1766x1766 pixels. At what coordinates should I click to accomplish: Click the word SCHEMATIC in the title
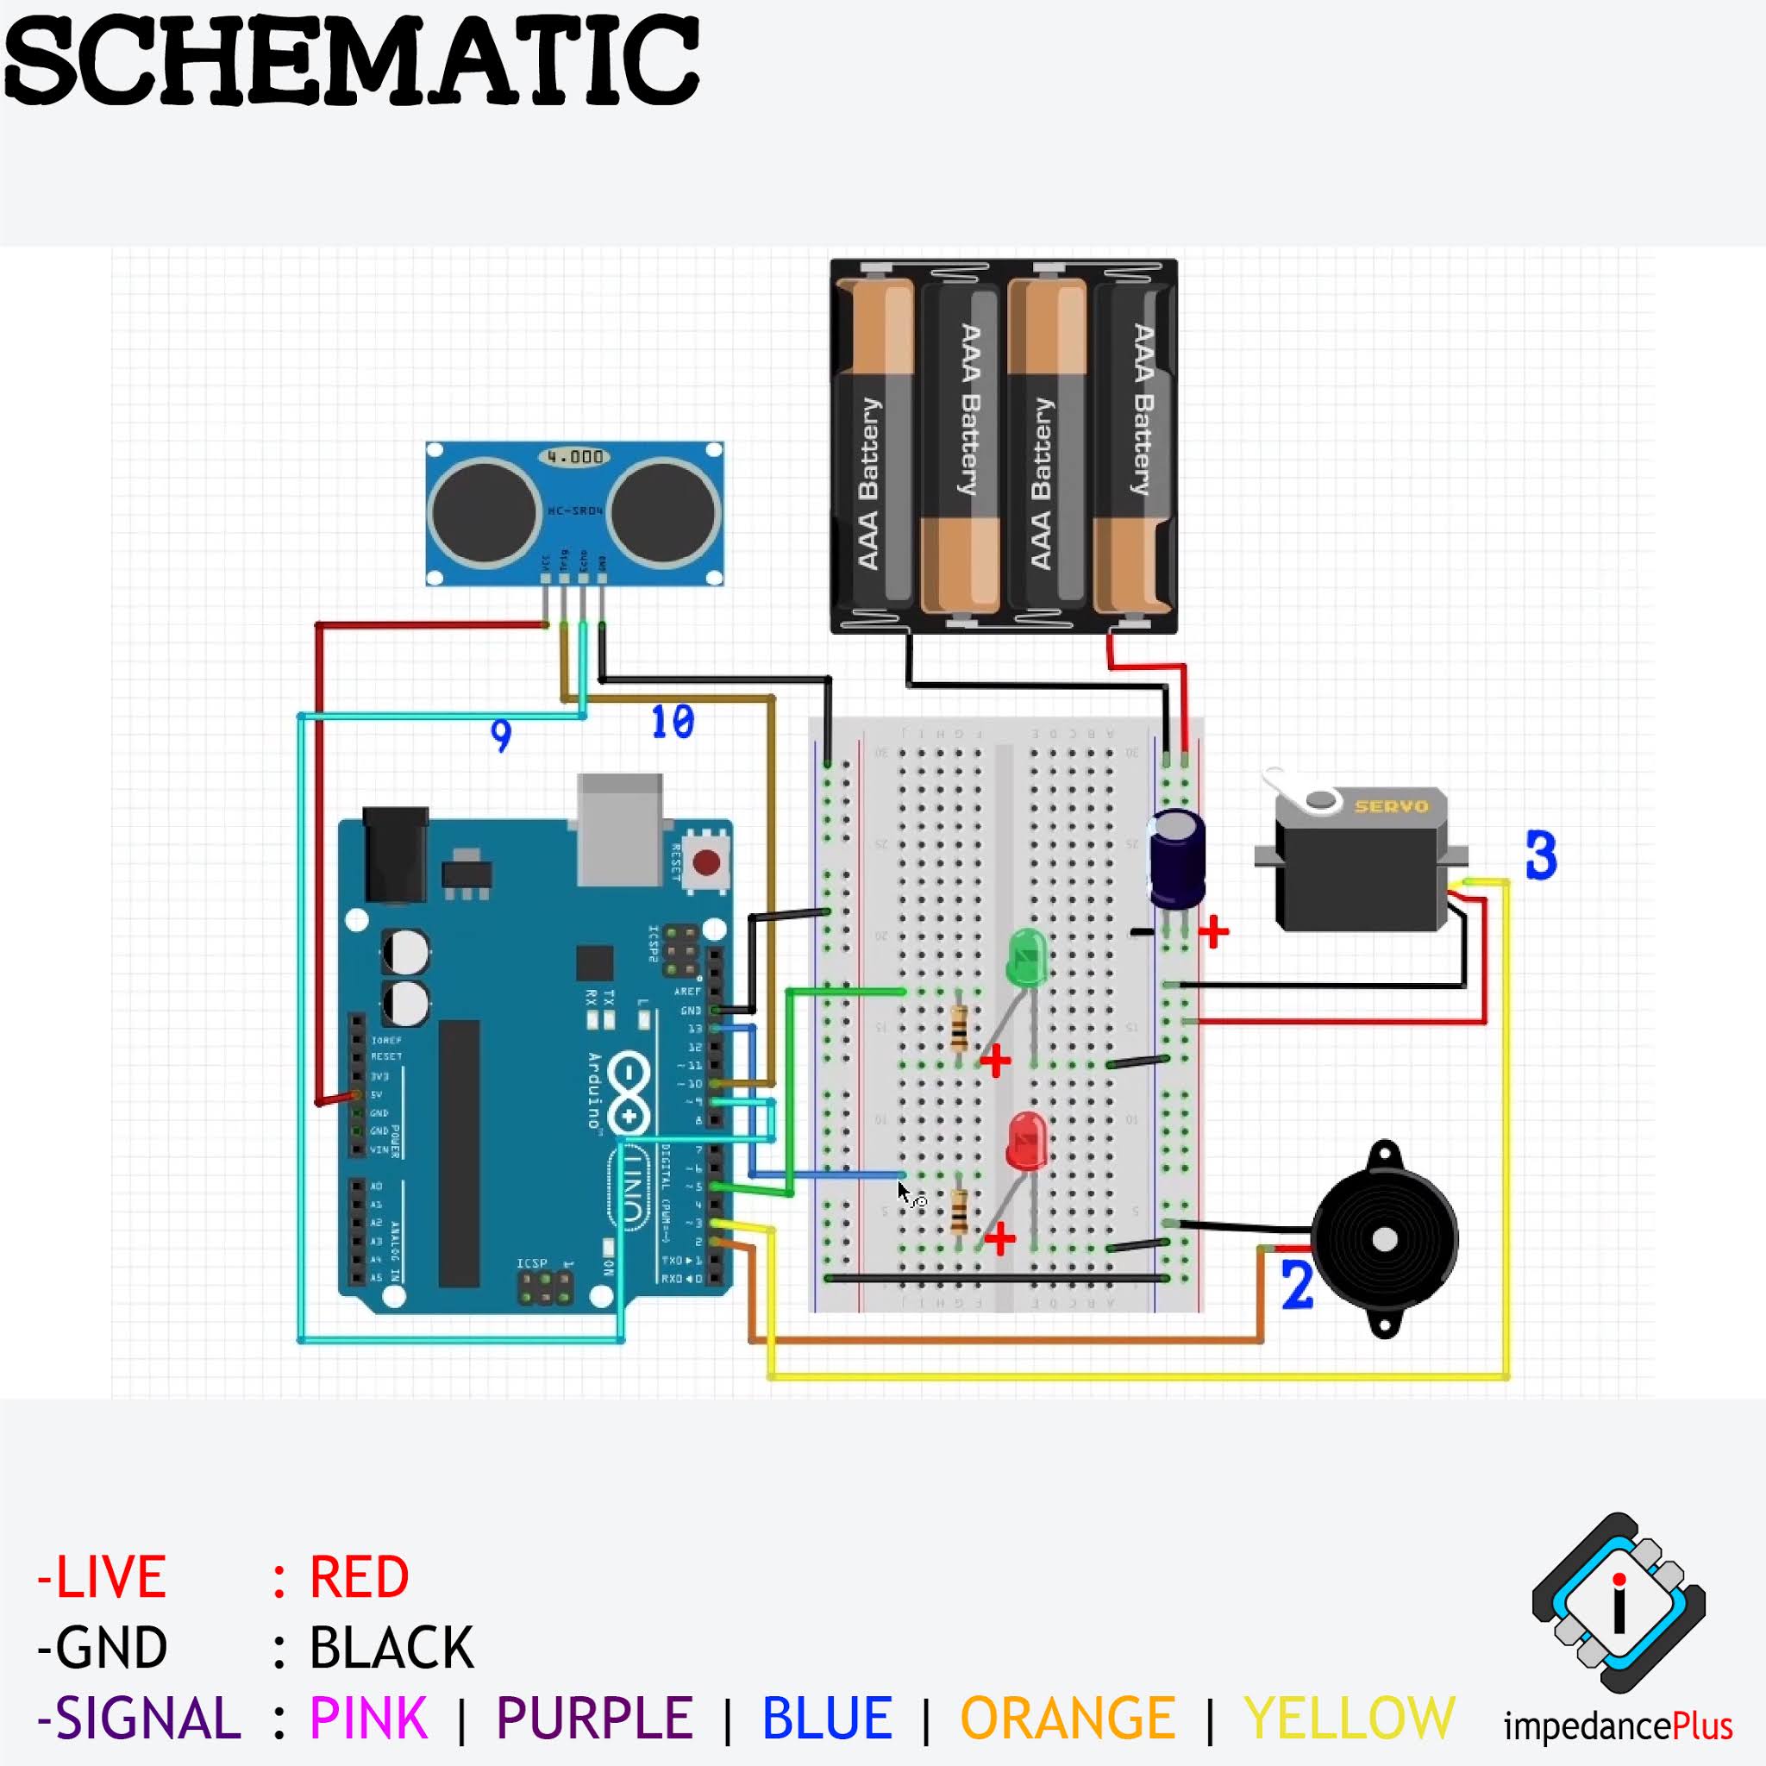pyautogui.click(x=352, y=62)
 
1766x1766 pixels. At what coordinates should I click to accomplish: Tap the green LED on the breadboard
pyautogui.click(x=1027, y=957)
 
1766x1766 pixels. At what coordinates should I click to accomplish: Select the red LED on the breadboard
pyautogui.click(x=1026, y=1141)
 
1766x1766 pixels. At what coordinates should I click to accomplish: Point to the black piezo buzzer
pyautogui.click(x=1384, y=1239)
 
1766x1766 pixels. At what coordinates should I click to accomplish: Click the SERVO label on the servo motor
pyautogui.click(x=1391, y=806)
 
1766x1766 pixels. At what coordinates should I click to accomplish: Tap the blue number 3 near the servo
pyautogui.click(x=1541, y=856)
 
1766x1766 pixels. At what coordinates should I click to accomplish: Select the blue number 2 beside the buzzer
pyautogui.click(x=1297, y=1284)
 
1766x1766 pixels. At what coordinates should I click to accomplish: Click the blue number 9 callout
pyautogui.click(x=501, y=735)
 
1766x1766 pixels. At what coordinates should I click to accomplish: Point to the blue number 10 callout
pyautogui.click(x=673, y=722)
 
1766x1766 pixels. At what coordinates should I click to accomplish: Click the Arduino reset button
pyautogui.click(x=705, y=861)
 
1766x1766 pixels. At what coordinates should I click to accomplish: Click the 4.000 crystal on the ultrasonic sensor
pyautogui.click(x=575, y=456)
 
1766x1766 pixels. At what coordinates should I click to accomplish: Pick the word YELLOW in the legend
pyautogui.click(x=1350, y=1718)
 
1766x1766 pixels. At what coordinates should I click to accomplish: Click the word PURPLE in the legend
pyautogui.click(x=594, y=1718)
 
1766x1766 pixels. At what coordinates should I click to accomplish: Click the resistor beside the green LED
pyautogui.click(x=959, y=1029)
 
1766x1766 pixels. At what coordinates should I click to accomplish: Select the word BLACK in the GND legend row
pyautogui.click(x=391, y=1647)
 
